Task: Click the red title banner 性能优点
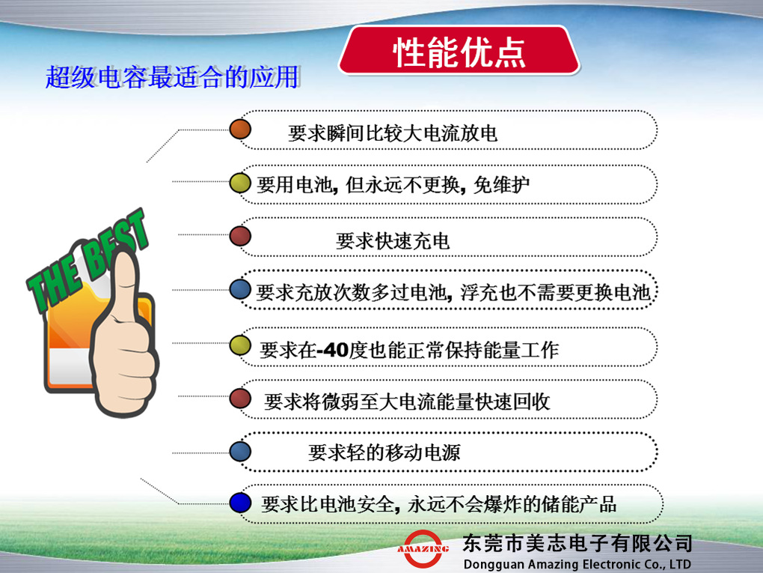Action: pyautogui.click(x=459, y=51)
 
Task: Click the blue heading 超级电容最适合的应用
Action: pyautogui.click(x=172, y=77)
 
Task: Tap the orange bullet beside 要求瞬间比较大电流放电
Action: pyautogui.click(x=240, y=129)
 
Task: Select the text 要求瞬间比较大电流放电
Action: pyautogui.click(x=393, y=134)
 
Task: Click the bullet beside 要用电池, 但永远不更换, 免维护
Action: pyautogui.click(x=240, y=182)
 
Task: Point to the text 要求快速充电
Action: pyautogui.click(x=393, y=240)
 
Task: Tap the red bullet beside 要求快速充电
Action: pyautogui.click(x=240, y=235)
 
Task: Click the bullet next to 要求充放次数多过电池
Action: pyautogui.click(x=240, y=289)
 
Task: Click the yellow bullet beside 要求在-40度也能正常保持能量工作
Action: pyautogui.click(x=240, y=344)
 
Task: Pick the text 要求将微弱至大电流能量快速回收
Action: pyautogui.click(x=407, y=401)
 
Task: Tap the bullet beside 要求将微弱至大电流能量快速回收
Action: pyautogui.click(x=240, y=398)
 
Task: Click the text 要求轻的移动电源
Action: pyautogui.click(x=384, y=452)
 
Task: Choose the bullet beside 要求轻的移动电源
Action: pyautogui.click(x=240, y=451)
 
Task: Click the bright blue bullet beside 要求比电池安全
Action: pyautogui.click(x=240, y=503)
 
